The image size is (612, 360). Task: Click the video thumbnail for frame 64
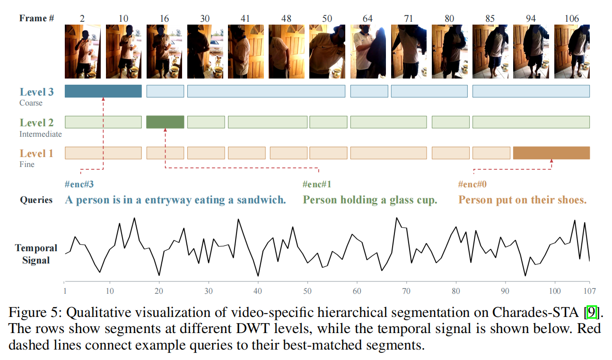tap(368, 52)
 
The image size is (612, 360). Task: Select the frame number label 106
tap(572, 18)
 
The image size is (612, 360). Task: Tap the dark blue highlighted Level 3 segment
tap(103, 91)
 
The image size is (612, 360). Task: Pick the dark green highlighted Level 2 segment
tap(165, 122)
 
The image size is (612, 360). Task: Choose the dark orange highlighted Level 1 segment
tap(551, 153)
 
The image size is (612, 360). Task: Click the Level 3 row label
tap(36, 92)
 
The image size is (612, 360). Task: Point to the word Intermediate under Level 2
tap(40, 134)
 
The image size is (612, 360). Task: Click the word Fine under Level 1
tap(27, 164)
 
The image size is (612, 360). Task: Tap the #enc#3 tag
tap(79, 184)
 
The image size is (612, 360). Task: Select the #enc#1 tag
tap(317, 184)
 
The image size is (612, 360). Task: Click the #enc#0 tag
tap(472, 184)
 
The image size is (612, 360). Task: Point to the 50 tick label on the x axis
tap(307, 291)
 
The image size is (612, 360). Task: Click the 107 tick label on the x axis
tap(590, 291)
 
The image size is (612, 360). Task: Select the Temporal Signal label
tap(36, 254)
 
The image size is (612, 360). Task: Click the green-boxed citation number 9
tap(591, 312)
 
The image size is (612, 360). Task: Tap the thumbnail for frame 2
tap(83, 52)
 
